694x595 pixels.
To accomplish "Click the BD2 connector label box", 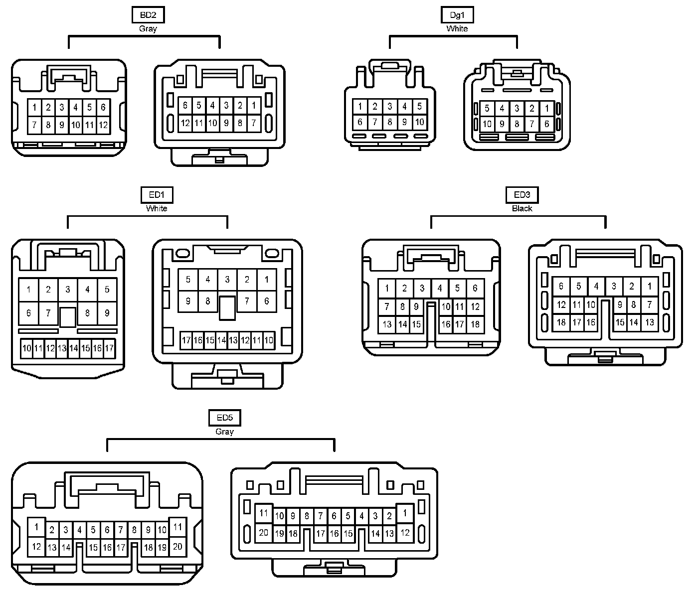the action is [148, 15].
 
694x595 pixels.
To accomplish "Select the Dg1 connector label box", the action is [457, 15].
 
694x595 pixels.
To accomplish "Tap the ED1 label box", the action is [157, 195].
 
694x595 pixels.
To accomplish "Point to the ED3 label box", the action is [522, 195].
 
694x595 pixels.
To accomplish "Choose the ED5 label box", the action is [224, 418].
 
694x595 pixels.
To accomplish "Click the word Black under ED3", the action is [522, 208].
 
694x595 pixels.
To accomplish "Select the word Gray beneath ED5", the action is [224, 432].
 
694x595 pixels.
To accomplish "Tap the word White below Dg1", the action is [457, 29].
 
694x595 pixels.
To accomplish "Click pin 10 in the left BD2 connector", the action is [75, 125].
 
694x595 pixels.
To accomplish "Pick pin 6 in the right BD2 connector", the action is [185, 105].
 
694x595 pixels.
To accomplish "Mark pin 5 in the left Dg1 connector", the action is [419, 106].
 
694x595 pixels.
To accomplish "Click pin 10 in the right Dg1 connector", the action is [487, 124].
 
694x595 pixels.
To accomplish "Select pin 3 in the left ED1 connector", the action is [68, 290].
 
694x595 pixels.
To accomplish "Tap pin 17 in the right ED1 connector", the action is [186, 341].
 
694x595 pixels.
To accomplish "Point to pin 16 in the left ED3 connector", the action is [446, 324].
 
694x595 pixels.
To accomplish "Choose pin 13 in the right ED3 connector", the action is [649, 322].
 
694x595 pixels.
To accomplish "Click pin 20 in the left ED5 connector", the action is [177, 546].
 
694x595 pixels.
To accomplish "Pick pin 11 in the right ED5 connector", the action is [264, 513].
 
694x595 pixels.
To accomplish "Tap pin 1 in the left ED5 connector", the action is [36, 526].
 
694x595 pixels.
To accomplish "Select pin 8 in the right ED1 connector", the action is [208, 301].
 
